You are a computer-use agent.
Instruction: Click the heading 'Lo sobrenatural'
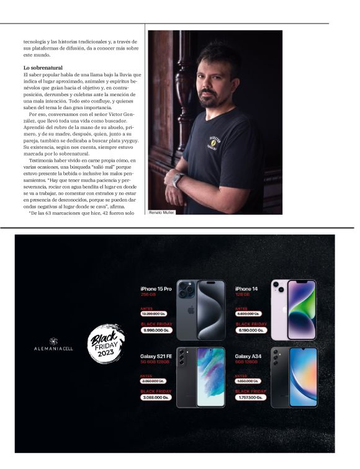[43, 67]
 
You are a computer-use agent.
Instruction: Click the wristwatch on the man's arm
[178, 180]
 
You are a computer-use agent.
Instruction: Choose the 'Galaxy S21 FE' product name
[156, 355]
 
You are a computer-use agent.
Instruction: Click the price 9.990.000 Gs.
[155, 331]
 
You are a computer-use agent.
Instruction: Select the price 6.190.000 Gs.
[250, 331]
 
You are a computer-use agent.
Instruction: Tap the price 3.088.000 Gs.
[155, 398]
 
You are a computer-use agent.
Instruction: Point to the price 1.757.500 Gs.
[250, 398]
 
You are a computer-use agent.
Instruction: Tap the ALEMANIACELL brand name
[53, 349]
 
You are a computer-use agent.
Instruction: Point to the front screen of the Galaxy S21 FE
[210, 377]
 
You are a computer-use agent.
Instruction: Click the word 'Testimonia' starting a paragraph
[41, 159]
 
